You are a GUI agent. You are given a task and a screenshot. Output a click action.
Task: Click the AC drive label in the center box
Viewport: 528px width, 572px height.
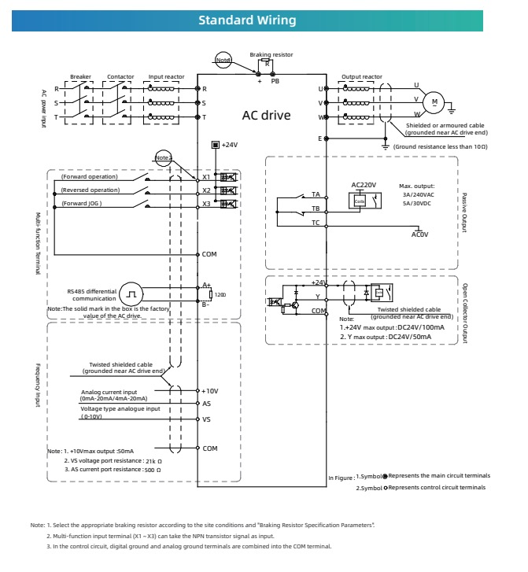pos(266,116)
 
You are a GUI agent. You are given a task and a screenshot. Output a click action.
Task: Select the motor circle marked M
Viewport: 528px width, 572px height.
pos(434,101)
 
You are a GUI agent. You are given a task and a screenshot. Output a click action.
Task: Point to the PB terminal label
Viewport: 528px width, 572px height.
pos(275,80)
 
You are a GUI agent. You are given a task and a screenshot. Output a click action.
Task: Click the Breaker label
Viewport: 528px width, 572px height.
pos(80,77)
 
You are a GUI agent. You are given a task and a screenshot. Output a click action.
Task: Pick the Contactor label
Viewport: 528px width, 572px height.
pos(120,77)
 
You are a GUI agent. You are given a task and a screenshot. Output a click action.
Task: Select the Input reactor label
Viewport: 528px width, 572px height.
pos(167,77)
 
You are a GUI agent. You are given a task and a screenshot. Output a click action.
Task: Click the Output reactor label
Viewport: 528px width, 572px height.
pos(361,77)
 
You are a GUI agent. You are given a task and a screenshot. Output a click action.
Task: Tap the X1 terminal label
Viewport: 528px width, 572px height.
pos(207,178)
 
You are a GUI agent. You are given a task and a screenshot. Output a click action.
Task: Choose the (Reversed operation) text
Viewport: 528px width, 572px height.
pos(89,190)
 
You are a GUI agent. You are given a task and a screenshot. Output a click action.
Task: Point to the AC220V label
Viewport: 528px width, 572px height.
pos(364,185)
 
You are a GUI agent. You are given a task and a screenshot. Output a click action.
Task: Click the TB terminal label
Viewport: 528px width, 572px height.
pos(315,209)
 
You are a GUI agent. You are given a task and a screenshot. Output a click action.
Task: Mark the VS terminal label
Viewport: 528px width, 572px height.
pos(207,419)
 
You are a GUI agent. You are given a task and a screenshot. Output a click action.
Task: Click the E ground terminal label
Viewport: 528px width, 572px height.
pos(319,138)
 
